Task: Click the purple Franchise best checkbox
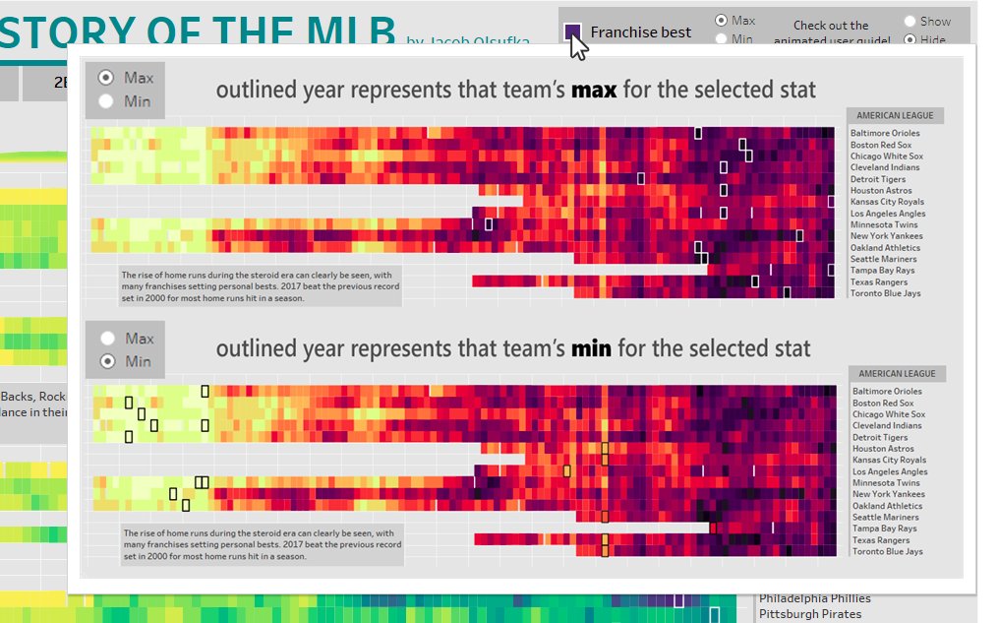pos(572,31)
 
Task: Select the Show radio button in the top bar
pos(910,21)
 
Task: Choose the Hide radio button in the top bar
pos(910,40)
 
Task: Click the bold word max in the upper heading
pos(593,91)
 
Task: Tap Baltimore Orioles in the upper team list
pos(885,133)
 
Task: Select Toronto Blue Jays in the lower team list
pos(888,552)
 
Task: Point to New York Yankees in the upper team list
pos(886,236)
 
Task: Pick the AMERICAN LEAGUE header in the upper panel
pos(895,115)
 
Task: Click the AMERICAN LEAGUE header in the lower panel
pos(897,374)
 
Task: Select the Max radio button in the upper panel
pos(106,78)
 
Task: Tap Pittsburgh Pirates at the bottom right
pos(809,614)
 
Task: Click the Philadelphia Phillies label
pos(814,598)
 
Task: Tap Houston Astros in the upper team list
pos(881,191)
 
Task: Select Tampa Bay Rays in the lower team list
pos(883,530)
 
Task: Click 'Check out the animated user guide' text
pos(831,32)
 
